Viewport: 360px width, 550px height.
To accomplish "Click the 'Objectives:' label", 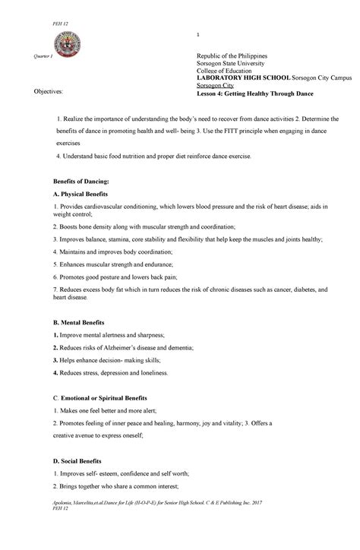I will [48, 90].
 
